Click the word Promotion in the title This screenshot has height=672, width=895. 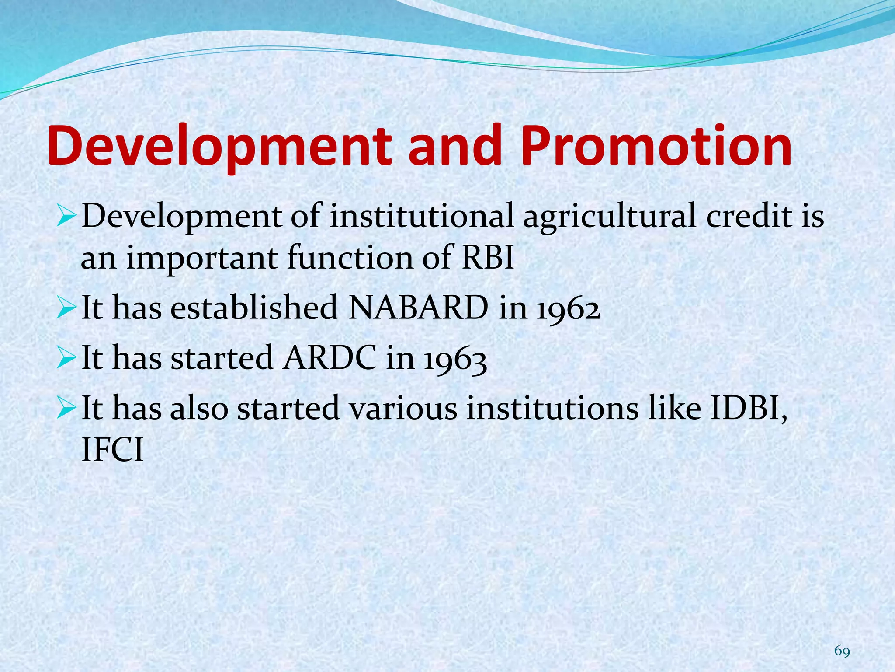point(656,147)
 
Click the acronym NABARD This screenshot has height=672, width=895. point(418,308)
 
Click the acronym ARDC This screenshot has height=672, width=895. point(329,358)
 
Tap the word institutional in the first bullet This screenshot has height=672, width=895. point(421,216)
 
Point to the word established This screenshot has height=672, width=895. point(254,308)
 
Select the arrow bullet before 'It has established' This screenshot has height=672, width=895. point(67,309)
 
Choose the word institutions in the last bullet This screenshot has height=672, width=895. point(552,408)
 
